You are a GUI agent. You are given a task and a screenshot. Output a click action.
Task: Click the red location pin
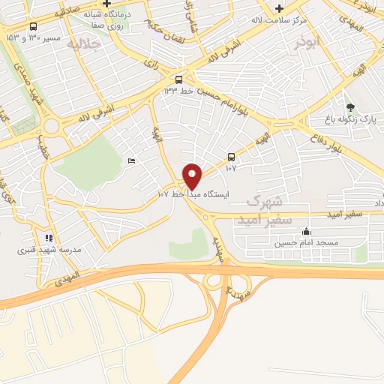pyautogui.click(x=193, y=175)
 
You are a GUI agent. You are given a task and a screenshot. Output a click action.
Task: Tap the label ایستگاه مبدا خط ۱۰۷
pyautogui.click(x=192, y=193)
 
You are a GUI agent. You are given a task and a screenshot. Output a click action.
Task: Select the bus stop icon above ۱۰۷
pyautogui.click(x=231, y=157)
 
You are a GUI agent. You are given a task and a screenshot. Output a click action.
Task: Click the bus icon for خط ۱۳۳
pyautogui.click(x=178, y=79)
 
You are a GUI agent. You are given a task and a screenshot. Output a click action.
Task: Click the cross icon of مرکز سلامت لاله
pyautogui.click(x=279, y=8)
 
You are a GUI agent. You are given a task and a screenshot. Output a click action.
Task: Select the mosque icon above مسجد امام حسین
pyautogui.click(x=306, y=231)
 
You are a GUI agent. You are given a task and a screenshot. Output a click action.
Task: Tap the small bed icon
pyautogui.click(x=132, y=160)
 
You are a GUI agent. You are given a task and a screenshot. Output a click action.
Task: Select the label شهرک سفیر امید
pyautogui.click(x=259, y=211)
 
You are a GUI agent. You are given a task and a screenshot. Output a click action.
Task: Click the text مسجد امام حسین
pyautogui.click(x=306, y=243)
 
